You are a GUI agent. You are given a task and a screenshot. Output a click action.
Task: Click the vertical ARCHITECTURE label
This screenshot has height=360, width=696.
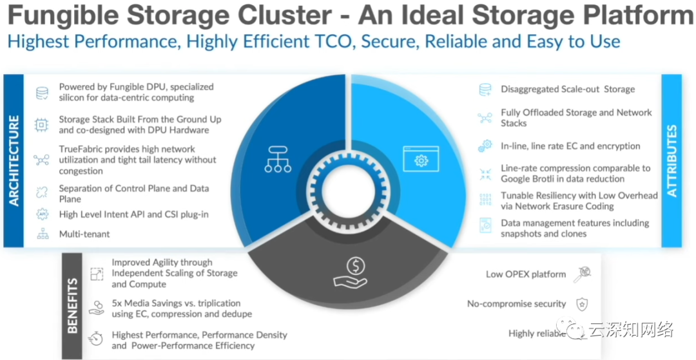[x=14, y=161]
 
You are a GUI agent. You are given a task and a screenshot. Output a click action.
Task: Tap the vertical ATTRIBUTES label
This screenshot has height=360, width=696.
[x=672, y=160]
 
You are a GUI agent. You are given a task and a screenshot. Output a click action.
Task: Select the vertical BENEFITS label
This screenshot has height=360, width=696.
[x=73, y=306]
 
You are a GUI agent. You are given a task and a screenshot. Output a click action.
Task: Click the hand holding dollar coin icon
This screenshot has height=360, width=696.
[x=349, y=272]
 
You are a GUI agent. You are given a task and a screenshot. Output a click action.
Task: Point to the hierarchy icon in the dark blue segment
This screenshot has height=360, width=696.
[x=278, y=158]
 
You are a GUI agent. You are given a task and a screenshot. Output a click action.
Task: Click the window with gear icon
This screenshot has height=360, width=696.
[x=421, y=158]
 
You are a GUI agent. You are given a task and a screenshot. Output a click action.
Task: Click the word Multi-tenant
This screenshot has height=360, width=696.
[x=84, y=234]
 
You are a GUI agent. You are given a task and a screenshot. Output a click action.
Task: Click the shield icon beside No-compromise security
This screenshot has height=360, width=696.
[x=581, y=304]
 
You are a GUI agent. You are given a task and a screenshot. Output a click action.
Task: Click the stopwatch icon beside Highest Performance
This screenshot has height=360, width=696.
[x=95, y=339]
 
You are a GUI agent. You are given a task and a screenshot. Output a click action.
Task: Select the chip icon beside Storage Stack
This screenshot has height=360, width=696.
[x=42, y=125]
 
